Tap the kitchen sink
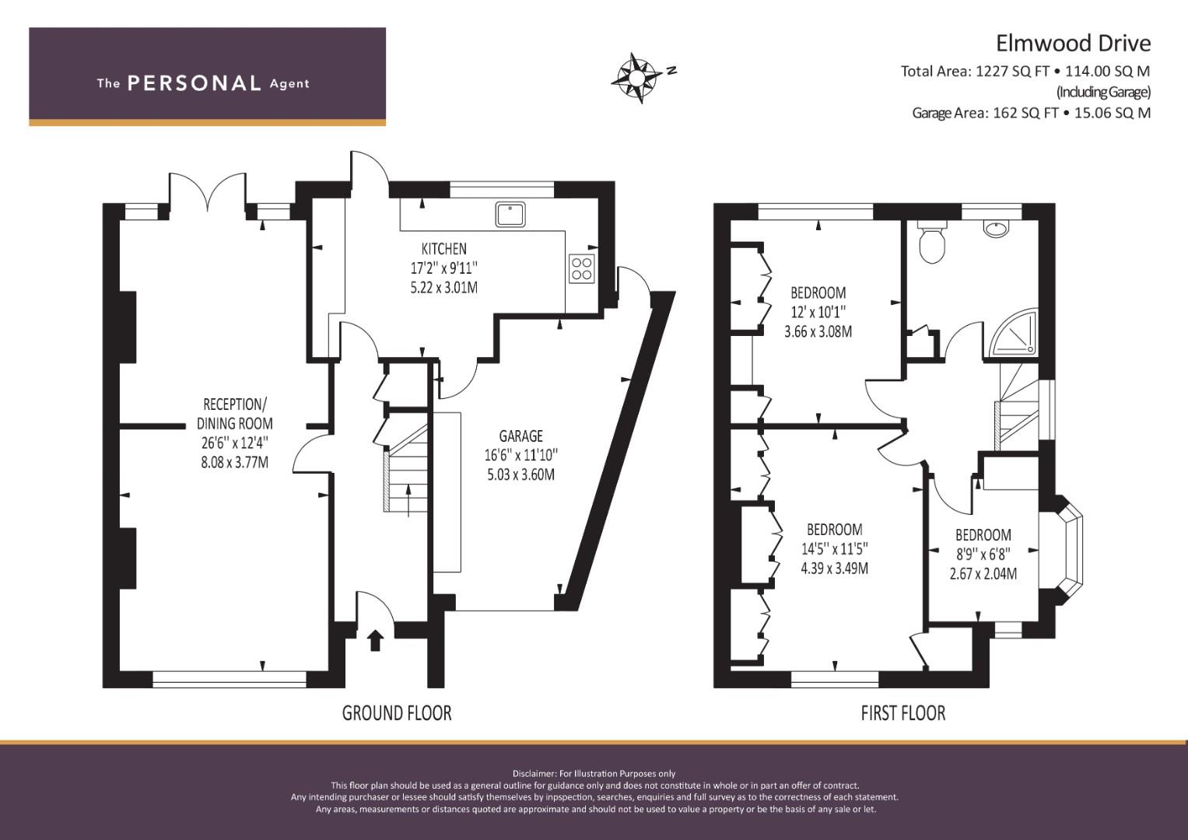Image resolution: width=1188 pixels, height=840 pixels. [510, 214]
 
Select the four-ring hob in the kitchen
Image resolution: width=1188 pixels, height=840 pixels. [582, 269]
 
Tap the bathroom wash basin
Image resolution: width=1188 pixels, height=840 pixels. [997, 228]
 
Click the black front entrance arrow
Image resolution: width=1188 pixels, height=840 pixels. [375, 640]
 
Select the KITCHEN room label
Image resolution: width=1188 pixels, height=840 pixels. [444, 248]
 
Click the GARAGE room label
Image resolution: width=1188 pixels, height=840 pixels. [520, 436]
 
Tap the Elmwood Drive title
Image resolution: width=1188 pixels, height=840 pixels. [1073, 43]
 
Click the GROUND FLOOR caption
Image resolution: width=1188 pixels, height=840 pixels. [397, 713]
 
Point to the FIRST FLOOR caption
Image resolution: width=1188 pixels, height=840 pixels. [903, 713]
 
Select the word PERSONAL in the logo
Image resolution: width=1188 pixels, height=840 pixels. [194, 83]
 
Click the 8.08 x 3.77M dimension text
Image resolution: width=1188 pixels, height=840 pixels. [234, 463]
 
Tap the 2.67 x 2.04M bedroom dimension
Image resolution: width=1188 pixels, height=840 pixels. [983, 574]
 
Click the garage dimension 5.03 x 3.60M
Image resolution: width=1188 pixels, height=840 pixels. [520, 474]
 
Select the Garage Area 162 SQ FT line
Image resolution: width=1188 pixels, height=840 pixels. [1031, 113]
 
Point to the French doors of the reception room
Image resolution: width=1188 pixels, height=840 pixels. [208, 194]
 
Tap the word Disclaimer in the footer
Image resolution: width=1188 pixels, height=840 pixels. [534, 774]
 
